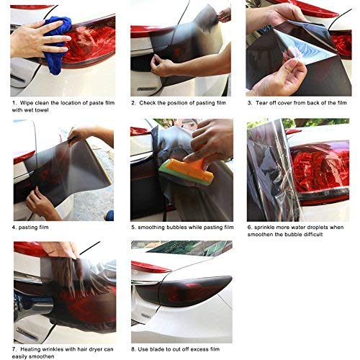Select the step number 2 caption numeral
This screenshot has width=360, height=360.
coord(134,103)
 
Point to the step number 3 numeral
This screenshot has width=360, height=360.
coord(251,103)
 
